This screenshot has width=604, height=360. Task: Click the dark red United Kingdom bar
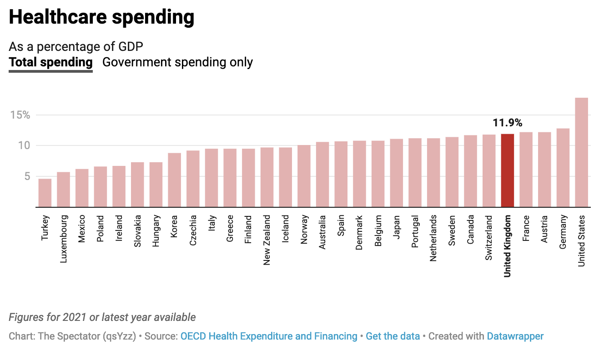click(508, 170)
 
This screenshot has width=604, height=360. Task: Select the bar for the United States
click(582, 152)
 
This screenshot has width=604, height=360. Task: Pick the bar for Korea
click(175, 180)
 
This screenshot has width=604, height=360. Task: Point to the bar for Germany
click(563, 168)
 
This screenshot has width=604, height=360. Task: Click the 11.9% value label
click(508, 123)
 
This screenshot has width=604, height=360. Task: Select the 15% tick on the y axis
click(20, 115)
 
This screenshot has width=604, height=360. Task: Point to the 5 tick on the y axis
click(26, 176)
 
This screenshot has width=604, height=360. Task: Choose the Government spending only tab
click(177, 62)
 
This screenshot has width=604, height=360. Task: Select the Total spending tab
click(51, 62)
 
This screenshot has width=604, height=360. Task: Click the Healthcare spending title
click(101, 17)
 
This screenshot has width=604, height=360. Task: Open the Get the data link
click(393, 336)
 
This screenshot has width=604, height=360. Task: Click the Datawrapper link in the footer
click(515, 336)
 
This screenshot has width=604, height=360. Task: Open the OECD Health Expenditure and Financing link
click(269, 336)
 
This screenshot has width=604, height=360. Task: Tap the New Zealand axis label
click(267, 240)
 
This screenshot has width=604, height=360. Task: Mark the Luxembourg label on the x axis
click(64, 239)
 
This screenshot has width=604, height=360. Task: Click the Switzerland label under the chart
click(489, 238)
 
